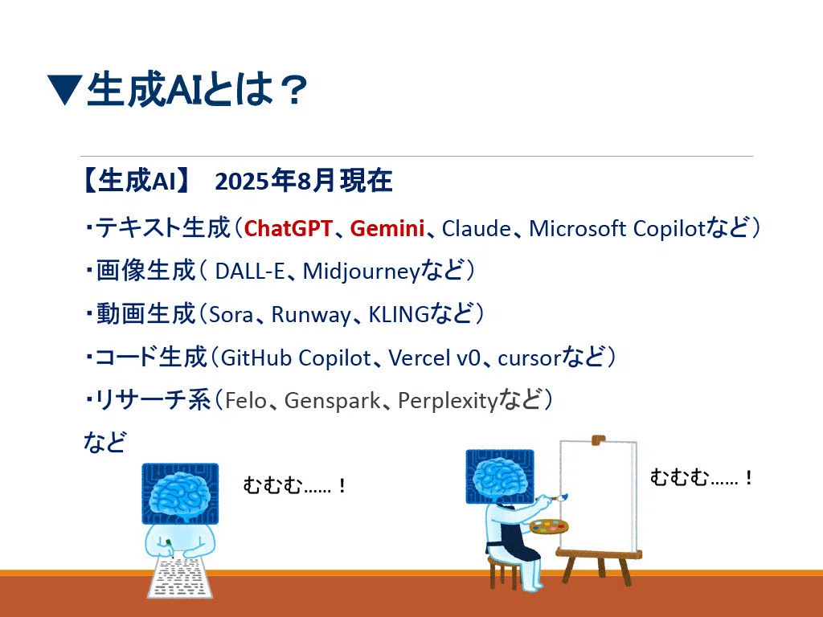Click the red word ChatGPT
coord(289,229)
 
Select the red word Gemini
coord(387,229)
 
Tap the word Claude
coord(477,229)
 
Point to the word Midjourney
coord(362,272)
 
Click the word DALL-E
coord(250,272)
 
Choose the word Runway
coord(311,315)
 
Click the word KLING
coord(399,315)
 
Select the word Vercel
coord(420,358)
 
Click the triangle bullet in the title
coord(64,88)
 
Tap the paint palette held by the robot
coord(549,526)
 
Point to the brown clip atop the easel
coord(598,439)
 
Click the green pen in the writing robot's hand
coord(169,544)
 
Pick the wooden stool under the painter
coord(504,571)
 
